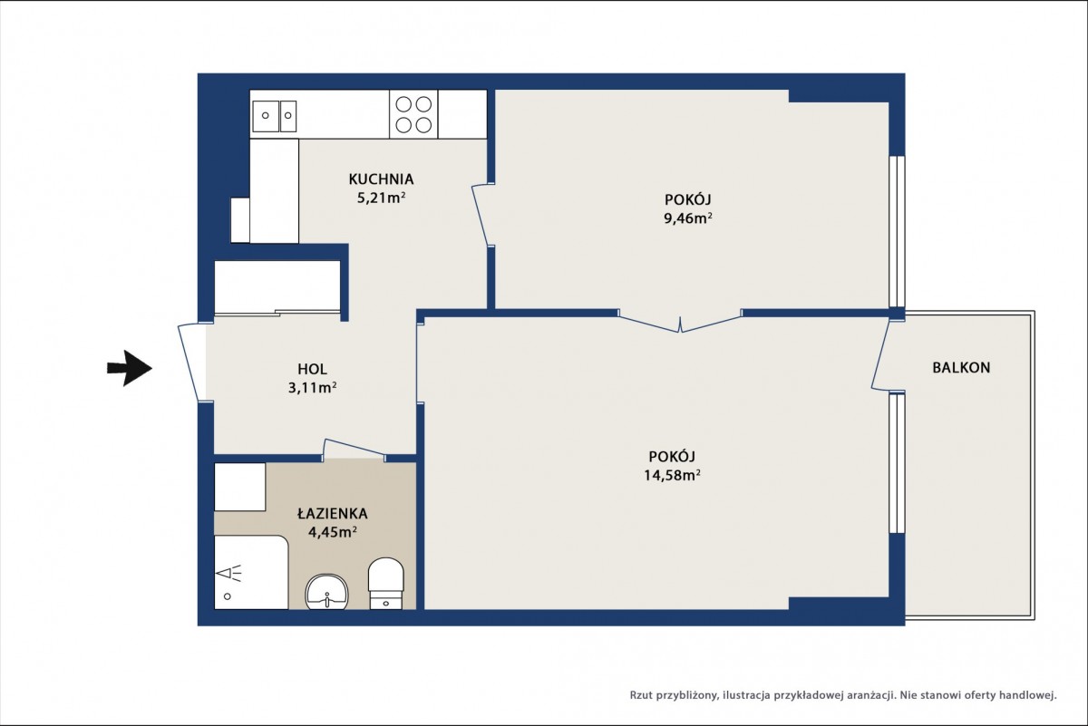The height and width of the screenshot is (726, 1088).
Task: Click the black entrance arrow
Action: click(x=130, y=368)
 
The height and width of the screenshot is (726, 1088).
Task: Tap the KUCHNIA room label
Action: click(x=381, y=179)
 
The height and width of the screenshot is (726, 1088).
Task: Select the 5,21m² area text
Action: click(x=382, y=198)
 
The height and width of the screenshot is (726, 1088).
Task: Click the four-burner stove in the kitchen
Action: click(x=413, y=114)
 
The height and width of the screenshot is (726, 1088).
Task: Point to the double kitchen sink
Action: click(x=274, y=116)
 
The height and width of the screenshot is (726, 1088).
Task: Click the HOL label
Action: click(x=312, y=369)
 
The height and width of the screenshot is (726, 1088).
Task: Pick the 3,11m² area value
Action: click(x=312, y=388)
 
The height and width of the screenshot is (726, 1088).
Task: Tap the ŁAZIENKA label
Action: click(x=332, y=514)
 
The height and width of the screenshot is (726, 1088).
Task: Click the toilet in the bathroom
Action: click(x=385, y=583)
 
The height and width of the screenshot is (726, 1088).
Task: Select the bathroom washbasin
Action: click(x=327, y=592)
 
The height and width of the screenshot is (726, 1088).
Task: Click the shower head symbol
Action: click(x=228, y=574)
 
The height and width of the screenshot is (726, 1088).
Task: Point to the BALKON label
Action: click(x=961, y=368)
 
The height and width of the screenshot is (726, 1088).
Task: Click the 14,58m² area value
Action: click(x=672, y=475)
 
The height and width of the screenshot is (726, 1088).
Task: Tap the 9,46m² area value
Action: click(x=688, y=218)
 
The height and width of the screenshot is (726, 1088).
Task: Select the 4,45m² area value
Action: click(x=333, y=532)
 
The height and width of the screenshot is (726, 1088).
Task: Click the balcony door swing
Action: click(x=880, y=355)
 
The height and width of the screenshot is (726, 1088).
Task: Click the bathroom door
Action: click(x=355, y=447)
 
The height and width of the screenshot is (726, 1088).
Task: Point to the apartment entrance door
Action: click(x=189, y=363)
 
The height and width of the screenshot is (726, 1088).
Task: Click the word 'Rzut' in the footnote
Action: click(x=641, y=695)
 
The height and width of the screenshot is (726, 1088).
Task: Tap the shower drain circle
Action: click(x=227, y=596)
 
